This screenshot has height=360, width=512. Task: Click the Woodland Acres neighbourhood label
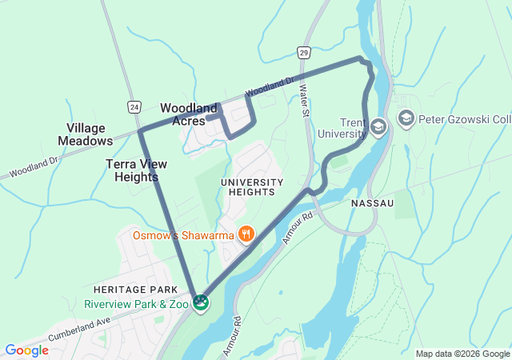coord(189,114)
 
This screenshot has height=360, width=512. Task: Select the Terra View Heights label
coord(136,170)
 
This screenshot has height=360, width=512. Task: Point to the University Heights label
coord(252,186)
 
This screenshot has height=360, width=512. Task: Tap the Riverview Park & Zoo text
coord(137,304)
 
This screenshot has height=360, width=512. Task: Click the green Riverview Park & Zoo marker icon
coord(201,303)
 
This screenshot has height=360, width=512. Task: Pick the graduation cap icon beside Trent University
coord(378,125)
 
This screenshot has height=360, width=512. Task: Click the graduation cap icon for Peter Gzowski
coord(406,119)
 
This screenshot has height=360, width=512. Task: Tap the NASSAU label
coord(372,204)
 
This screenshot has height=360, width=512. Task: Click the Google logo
coord(26,350)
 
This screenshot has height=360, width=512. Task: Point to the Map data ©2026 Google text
coord(462,354)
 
